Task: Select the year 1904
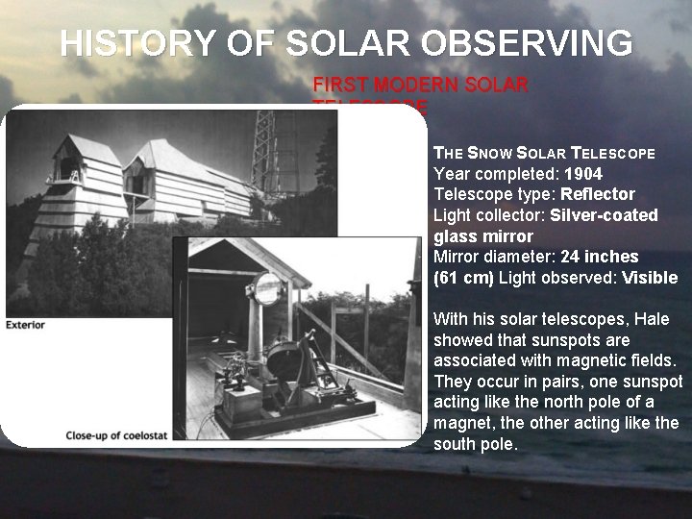tap(583, 174)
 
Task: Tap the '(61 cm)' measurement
tap(463, 278)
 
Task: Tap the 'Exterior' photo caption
tap(25, 325)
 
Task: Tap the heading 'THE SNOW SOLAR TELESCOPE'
tap(544, 153)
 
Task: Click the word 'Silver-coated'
tap(604, 215)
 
